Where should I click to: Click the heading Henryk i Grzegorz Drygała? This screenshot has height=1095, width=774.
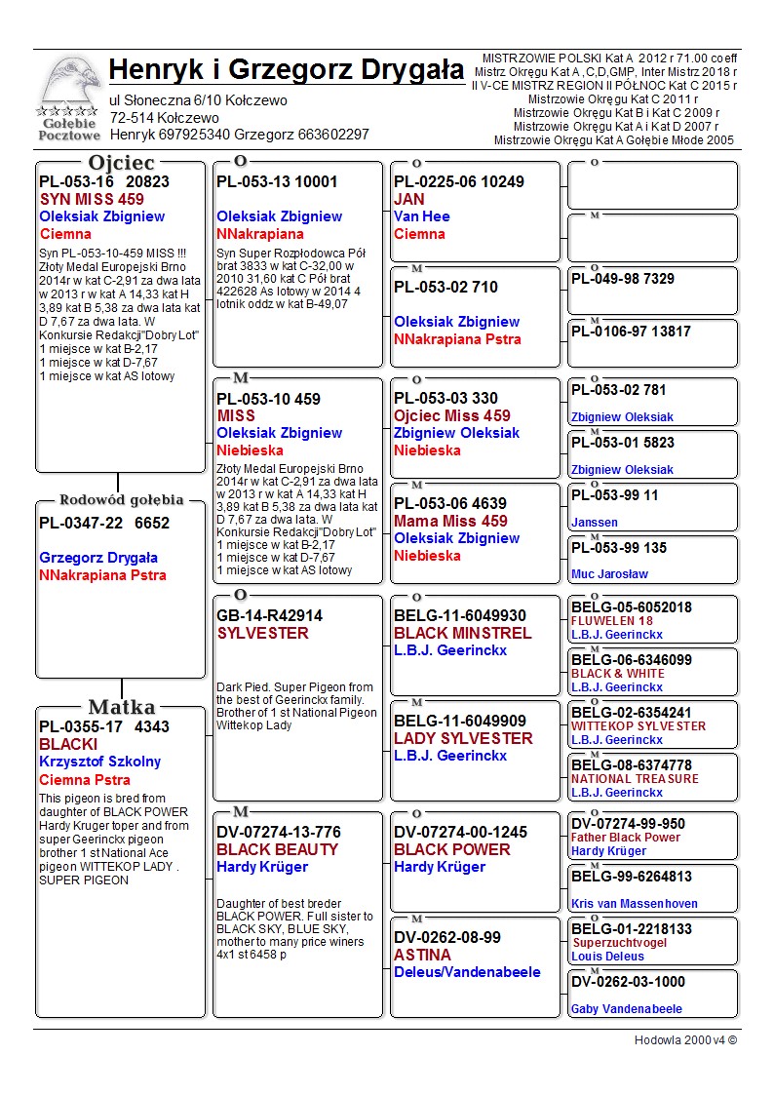[x=287, y=70]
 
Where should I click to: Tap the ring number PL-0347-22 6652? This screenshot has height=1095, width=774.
[x=104, y=523]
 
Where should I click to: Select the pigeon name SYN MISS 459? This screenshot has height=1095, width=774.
[x=92, y=199]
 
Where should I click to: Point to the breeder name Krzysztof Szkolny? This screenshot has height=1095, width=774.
[x=99, y=762]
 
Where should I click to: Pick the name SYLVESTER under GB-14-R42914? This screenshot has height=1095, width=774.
[x=262, y=633]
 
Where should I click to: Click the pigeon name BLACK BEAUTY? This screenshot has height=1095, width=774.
[x=277, y=849]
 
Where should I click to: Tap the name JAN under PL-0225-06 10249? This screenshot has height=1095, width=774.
[x=409, y=199]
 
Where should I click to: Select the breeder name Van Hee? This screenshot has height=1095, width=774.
[x=420, y=216]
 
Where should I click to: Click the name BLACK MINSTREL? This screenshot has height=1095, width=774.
[x=462, y=633]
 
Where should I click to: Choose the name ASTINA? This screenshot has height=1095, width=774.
[x=422, y=955]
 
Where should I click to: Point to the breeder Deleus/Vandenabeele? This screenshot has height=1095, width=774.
[x=467, y=972]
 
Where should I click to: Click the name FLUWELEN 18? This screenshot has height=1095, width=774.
[x=612, y=621]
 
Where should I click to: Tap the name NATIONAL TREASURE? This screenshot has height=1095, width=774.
[x=635, y=779]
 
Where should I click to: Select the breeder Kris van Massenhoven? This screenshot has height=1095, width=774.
[x=634, y=904]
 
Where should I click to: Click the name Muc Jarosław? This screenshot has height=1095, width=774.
[x=609, y=574]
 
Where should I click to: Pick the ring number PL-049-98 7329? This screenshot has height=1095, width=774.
[x=623, y=279]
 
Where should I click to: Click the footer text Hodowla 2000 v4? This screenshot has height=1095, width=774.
[x=685, y=1040]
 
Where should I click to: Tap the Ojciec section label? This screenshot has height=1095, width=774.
[x=121, y=163]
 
